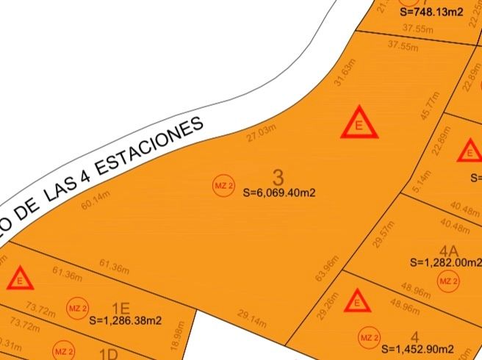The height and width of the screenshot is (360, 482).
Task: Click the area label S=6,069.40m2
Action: pos(279,193)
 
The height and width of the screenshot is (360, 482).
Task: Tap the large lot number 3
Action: pos(278,177)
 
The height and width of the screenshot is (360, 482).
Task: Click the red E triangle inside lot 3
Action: pos(359,124)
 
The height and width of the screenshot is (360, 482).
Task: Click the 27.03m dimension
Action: pos(262,134)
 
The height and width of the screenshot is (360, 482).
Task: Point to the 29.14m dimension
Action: pos(252,314)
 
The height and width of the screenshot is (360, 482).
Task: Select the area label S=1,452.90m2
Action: pos(419,348)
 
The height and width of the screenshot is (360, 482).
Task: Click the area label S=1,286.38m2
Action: pos(126,320)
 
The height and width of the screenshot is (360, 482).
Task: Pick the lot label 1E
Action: pos(120,307)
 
